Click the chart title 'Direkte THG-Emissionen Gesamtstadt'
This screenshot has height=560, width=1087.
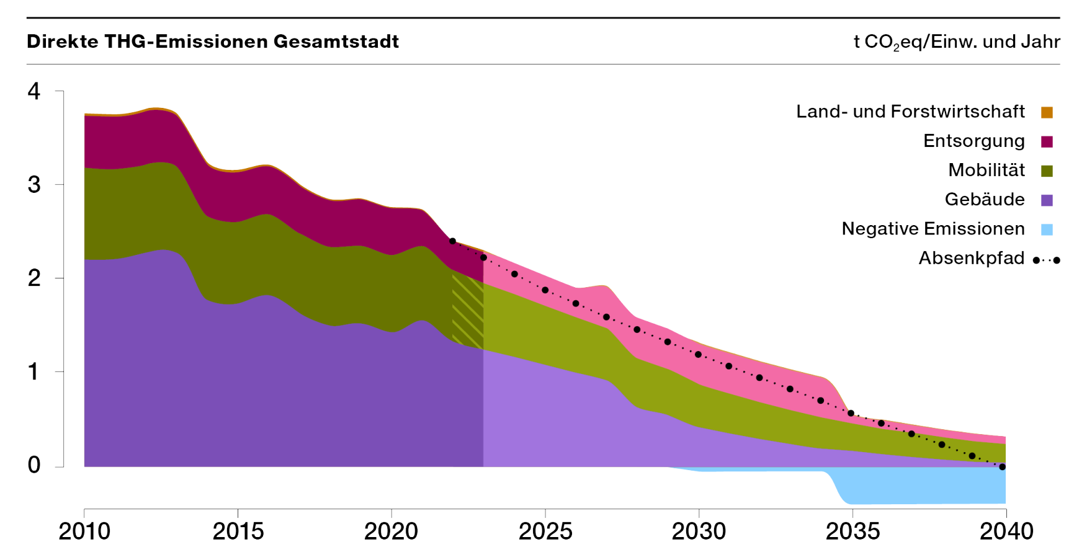point(213,42)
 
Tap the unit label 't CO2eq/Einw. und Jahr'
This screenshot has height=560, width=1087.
point(957,42)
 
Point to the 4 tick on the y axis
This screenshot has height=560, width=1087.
point(34,92)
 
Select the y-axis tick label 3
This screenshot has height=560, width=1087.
point(34,185)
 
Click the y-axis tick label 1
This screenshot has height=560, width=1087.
point(34,372)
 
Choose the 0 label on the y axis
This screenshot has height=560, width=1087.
point(34,465)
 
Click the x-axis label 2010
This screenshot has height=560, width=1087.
point(84,531)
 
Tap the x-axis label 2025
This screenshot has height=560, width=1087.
point(545,531)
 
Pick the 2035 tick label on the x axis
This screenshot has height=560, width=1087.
point(852,531)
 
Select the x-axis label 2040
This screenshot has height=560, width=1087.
point(1006,531)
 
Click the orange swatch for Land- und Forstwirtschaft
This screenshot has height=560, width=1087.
point(1047,112)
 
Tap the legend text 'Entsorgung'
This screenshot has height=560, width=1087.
point(973,141)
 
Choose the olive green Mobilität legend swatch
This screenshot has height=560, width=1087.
point(1047,171)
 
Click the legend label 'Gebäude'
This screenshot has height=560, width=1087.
point(985,200)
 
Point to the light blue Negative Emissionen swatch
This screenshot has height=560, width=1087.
point(1047,229)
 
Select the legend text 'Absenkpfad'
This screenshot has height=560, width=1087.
point(972,258)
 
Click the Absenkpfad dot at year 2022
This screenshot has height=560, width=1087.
point(452,241)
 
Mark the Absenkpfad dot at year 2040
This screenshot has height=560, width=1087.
point(1002,467)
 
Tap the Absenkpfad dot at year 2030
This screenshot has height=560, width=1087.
point(698,355)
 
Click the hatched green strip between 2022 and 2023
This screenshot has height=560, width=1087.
point(468,310)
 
